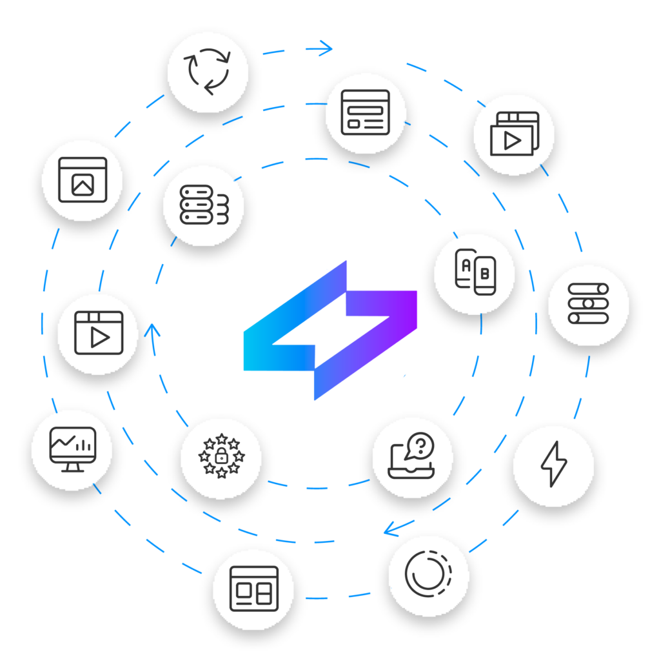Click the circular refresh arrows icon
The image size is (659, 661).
click(x=207, y=72)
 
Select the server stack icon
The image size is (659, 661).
click(x=204, y=205)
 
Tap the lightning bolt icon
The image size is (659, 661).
click(x=553, y=465)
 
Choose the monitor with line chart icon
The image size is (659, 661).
click(x=72, y=449)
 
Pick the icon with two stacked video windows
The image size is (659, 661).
click(x=513, y=134)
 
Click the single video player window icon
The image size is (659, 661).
click(x=98, y=334)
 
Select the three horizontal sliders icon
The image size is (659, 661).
click(x=588, y=305)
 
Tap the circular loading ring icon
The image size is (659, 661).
click(x=429, y=575)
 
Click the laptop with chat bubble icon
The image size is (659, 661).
click(x=412, y=457)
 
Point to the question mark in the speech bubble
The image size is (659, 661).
click(x=421, y=444)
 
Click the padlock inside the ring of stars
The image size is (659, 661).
click(x=221, y=457)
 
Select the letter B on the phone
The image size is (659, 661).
click(x=485, y=274)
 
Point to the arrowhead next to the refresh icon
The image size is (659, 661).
click(x=326, y=47)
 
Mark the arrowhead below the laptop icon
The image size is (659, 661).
click(x=389, y=531)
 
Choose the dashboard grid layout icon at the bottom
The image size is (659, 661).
click(x=253, y=589)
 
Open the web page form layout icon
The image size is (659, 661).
click(x=366, y=113)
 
